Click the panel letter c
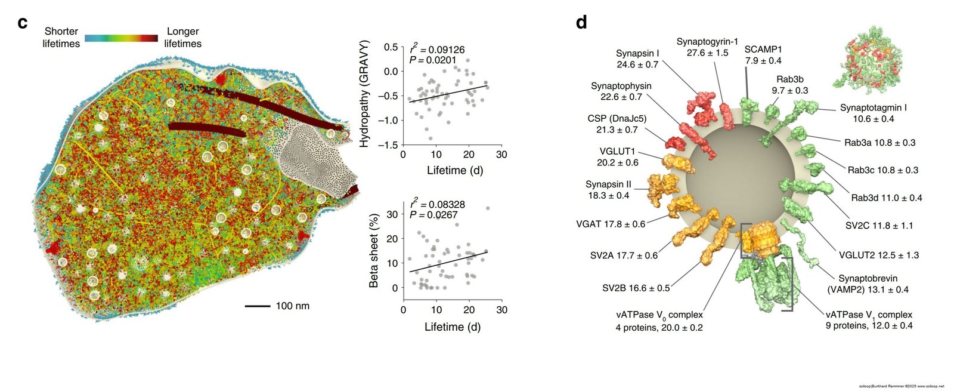point(23,23)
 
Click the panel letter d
point(581,23)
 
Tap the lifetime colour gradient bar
point(121,38)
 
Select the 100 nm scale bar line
point(257,306)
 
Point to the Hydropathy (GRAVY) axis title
point(364,94)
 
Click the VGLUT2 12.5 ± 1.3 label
point(878,255)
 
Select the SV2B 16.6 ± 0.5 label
point(636,288)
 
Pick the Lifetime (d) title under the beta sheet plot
point(452,327)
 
